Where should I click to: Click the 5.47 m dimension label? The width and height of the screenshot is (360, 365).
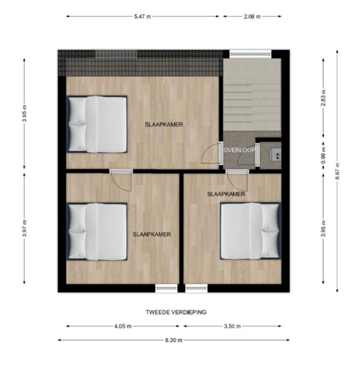tap(142, 16)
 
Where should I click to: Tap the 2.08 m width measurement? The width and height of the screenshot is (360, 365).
tap(252, 16)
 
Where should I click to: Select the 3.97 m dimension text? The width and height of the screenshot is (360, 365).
tap(24, 228)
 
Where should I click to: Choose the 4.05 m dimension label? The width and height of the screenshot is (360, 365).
tap(122, 326)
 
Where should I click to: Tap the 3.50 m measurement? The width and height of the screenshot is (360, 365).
tap(232, 326)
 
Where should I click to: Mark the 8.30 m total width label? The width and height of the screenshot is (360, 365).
tap(173, 340)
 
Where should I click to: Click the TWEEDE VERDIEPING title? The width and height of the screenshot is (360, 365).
tap(176, 312)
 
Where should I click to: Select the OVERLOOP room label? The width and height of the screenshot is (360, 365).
tap(240, 150)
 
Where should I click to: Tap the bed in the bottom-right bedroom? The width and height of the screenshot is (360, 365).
tap(250, 231)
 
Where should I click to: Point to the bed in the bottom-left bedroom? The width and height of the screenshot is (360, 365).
tap(97, 232)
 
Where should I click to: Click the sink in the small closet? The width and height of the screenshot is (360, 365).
tap(276, 154)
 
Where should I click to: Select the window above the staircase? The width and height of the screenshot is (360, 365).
tap(250, 53)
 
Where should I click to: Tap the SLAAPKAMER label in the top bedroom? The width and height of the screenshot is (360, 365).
tap(164, 124)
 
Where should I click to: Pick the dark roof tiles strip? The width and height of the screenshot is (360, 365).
tap(141, 63)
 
